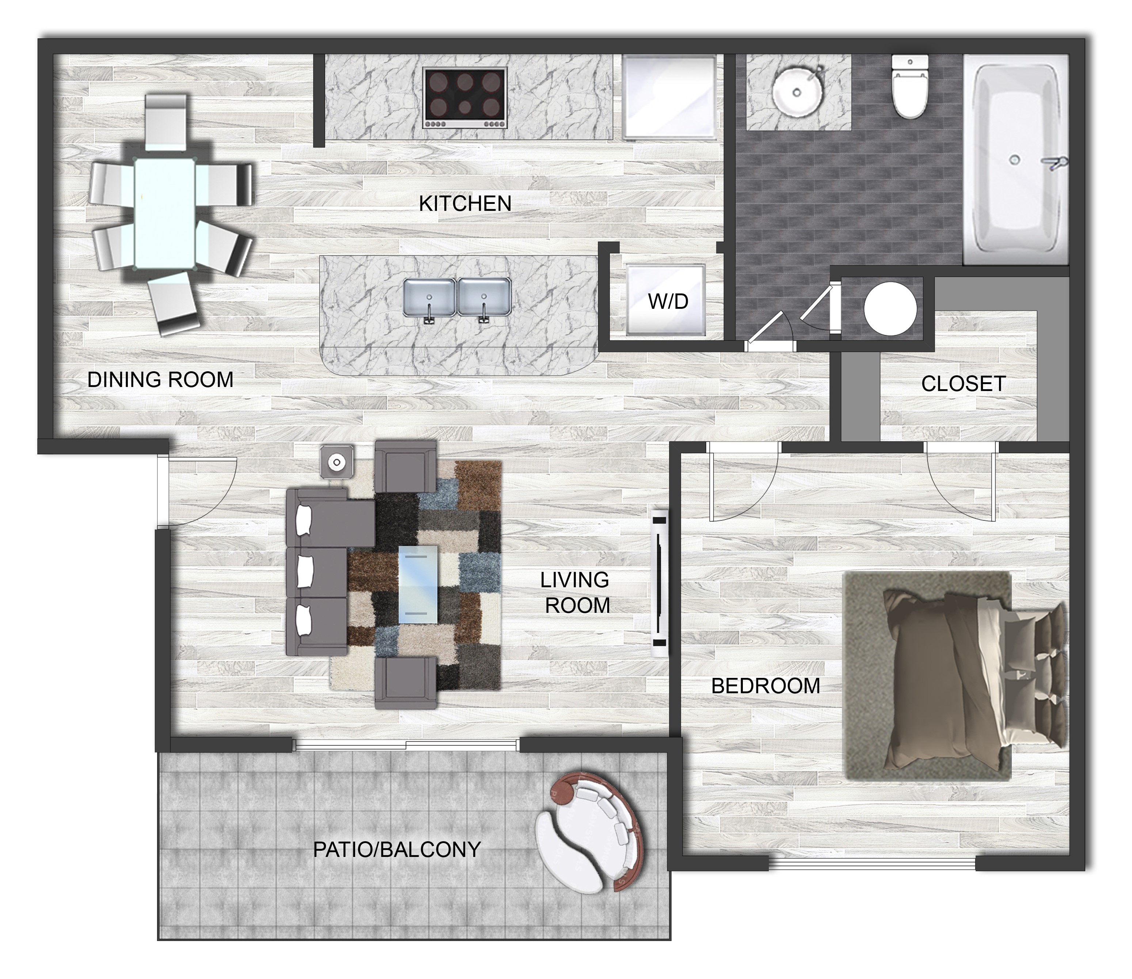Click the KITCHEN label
(x=465, y=204)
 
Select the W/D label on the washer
(x=668, y=301)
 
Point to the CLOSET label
(x=963, y=384)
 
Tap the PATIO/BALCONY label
(x=396, y=850)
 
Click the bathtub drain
(x=1015, y=160)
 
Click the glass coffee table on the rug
(x=418, y=585)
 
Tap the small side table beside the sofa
(x=337, y=463)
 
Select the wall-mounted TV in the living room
(x=660, y=584)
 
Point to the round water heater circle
(x=890, y=308)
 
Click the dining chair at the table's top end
(x=166, y=123)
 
